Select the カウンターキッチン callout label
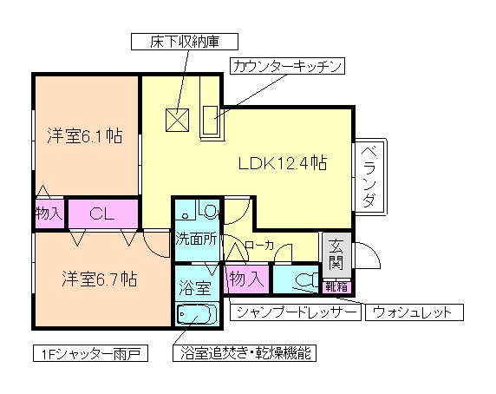[288, 66]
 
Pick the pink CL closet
[102, 213]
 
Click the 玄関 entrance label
[336, 253]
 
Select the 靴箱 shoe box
[336, 284]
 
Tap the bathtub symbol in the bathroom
[198, 313]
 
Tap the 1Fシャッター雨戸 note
[88, 354]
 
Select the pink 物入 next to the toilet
[246, 279]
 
